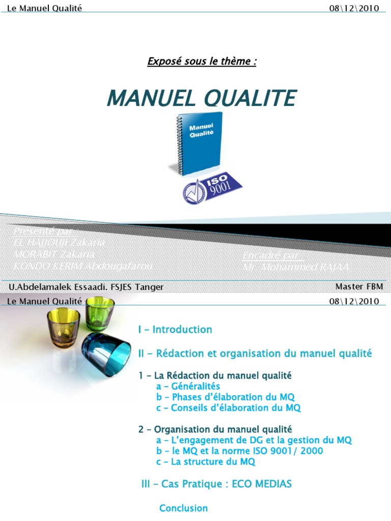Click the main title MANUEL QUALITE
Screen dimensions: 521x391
[x=201, y=98]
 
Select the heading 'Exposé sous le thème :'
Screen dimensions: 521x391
[x=202, y=62]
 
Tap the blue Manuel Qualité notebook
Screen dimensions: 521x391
[x=201, y=141]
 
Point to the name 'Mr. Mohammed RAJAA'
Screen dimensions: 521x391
[x=295, y=266]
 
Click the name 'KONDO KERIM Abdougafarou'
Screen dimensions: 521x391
[x=83, y=266]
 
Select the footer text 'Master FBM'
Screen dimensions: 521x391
[x=359, y=287]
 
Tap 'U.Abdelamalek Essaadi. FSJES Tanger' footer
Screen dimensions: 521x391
[x=86, y=287]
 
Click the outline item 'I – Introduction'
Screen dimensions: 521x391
[x=175, y=330]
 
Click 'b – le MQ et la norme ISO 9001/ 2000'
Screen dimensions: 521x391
[x=240, y=451]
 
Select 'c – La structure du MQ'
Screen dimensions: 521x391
[x=206, y=462]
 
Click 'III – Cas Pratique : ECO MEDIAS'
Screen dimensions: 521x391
[x=216, y=484]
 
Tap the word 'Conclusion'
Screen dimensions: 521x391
[x=184, y=508]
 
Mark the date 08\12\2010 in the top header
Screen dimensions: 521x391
[x=354, y=9]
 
